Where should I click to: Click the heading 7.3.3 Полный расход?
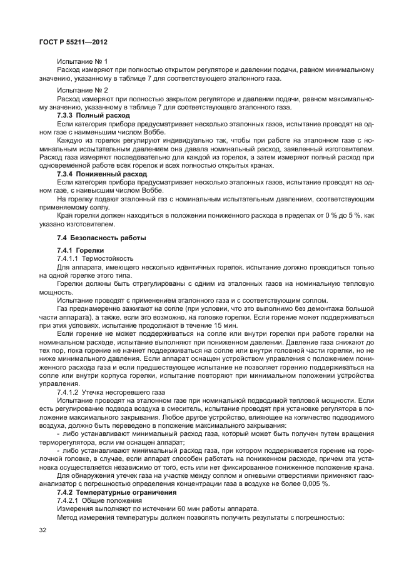click(x=93, y=116)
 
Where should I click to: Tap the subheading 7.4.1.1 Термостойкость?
click(x=94, y=258)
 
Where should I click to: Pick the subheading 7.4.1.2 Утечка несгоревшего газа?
click(x=111, y=392)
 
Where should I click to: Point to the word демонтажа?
click(x=316, y=310)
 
